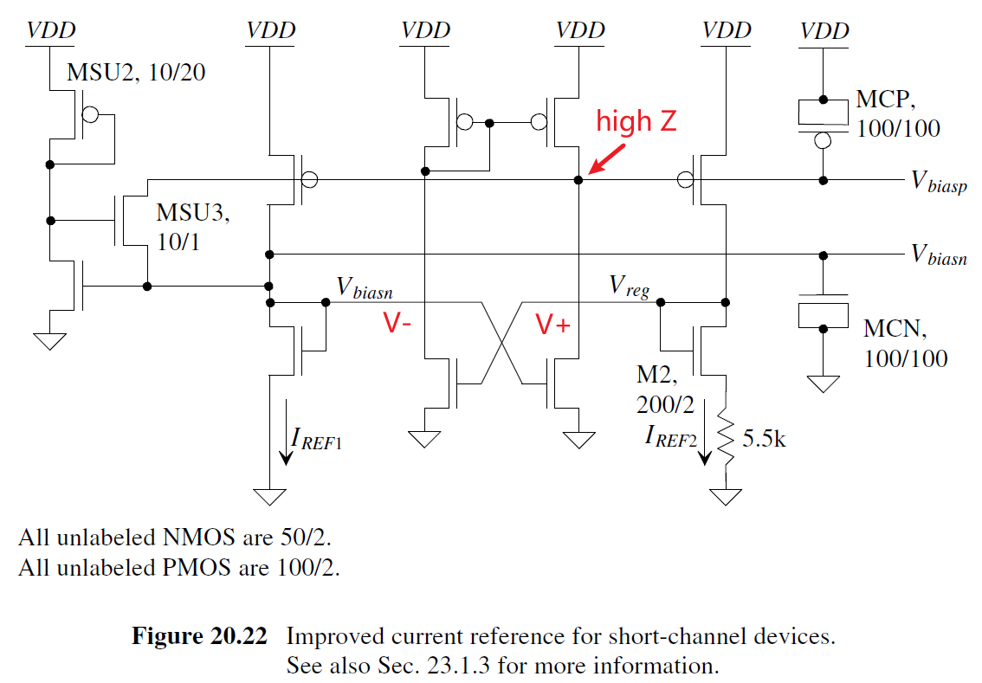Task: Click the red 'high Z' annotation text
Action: (636, 122)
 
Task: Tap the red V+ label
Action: (553, 324)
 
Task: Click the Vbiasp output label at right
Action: (939, 181)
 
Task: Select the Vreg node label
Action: (630, 285)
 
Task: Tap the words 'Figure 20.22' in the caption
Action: (200, 637)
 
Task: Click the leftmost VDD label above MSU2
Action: (50, 31)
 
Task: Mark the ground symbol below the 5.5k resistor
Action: (726, 496)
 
